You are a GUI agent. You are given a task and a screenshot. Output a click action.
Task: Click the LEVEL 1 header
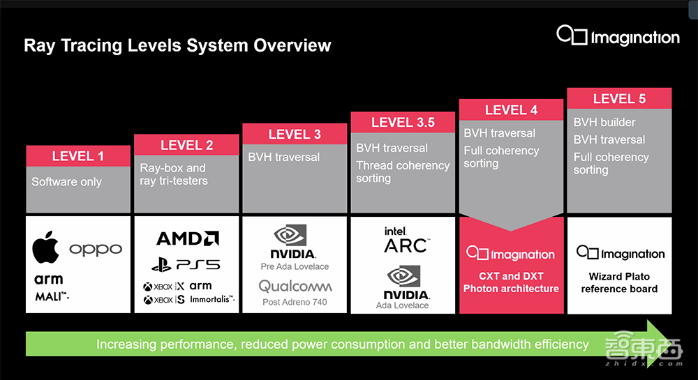78,156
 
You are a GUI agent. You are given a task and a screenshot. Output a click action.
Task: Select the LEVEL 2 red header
186,145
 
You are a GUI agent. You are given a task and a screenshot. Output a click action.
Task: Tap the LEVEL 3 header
295,134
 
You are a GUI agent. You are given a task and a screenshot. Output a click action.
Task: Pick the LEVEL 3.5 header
403,123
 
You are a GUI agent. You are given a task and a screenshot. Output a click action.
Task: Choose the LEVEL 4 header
511,110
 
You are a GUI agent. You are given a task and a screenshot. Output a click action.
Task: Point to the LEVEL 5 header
619,98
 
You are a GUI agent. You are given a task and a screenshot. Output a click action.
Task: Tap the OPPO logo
96,250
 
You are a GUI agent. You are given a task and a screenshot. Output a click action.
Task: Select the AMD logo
188,238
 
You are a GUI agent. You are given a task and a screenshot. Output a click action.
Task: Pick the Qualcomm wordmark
295,286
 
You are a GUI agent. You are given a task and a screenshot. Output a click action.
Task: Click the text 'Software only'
67,182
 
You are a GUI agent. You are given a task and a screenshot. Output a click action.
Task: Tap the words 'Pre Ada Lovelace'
295,266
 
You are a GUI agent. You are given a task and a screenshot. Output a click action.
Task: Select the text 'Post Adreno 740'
295,302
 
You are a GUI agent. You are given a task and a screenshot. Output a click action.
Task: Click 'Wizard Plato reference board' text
619,282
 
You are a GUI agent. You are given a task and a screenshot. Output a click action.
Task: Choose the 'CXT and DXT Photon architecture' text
511,282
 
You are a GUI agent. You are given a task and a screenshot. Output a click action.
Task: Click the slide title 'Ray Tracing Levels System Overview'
177,46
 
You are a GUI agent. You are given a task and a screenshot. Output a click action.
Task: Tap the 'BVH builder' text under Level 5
604,122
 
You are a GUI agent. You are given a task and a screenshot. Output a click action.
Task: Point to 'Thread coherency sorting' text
403,172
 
